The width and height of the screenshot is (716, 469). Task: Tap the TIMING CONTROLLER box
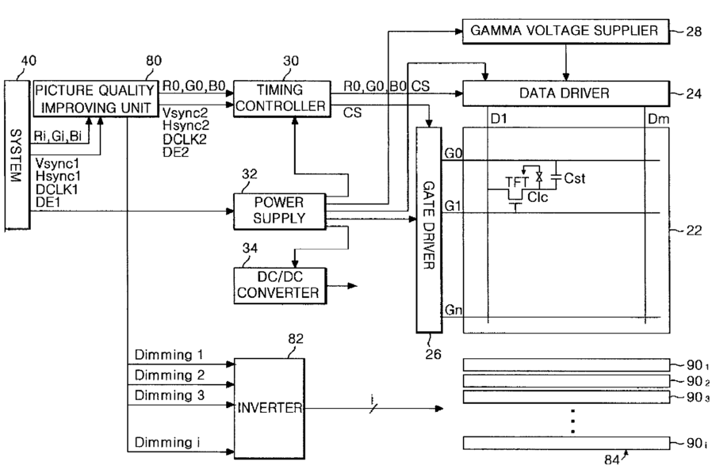point(280,97)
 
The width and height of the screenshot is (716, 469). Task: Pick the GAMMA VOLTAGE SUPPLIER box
point(565,32)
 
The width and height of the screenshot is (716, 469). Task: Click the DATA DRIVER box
point(565,93)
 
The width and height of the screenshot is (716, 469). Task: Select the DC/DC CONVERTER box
point(278,284)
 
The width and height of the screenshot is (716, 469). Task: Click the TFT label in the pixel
point(518,181)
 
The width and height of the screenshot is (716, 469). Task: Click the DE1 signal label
point(47,203)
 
